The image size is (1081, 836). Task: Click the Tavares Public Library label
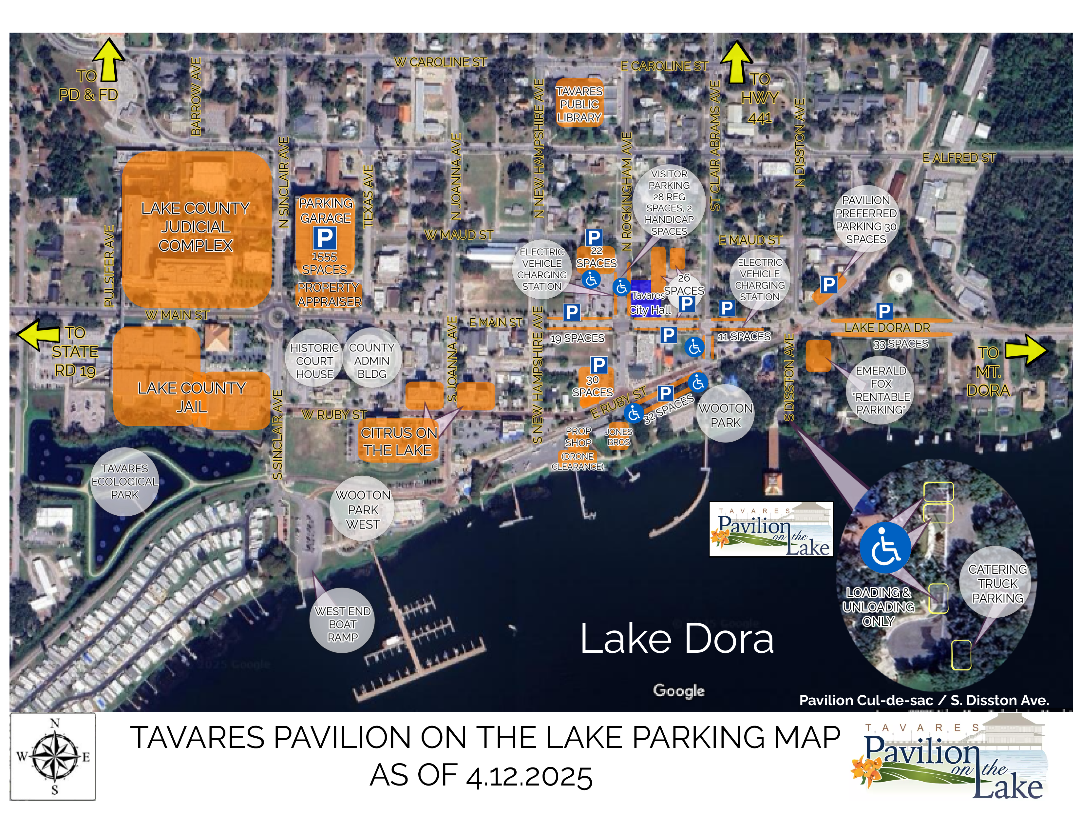click(579, 105)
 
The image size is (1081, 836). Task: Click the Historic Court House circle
click(314, 361)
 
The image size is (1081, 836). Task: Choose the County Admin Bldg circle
click(372, 361)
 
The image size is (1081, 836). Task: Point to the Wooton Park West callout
click(363, 509)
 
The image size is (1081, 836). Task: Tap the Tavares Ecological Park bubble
click(125, 481)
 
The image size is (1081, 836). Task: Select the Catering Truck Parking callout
click(997, 584)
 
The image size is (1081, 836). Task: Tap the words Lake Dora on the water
click(677, 639)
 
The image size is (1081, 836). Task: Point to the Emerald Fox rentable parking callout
click(881, 390)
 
